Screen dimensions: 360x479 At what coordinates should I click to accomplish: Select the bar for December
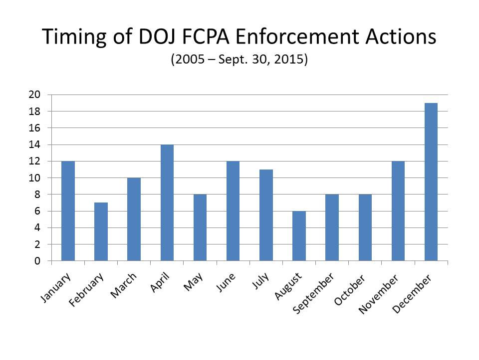coord(431,182)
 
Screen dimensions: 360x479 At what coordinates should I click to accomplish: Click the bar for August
coord(299,236)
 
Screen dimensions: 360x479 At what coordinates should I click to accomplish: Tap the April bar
coord(167,202)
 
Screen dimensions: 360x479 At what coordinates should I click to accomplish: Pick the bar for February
coord(101,232)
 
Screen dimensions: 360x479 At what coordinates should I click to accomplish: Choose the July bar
coord(266,215)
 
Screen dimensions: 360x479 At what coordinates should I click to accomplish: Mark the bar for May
coord(200,227)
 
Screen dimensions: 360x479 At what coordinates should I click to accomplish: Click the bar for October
coord(365,227)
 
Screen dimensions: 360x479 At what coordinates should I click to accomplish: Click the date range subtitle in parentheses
coord(239,59)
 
